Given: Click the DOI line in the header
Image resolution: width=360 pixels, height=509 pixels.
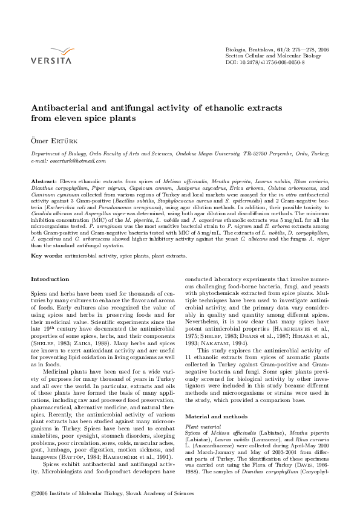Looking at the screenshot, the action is pos(264,62).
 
